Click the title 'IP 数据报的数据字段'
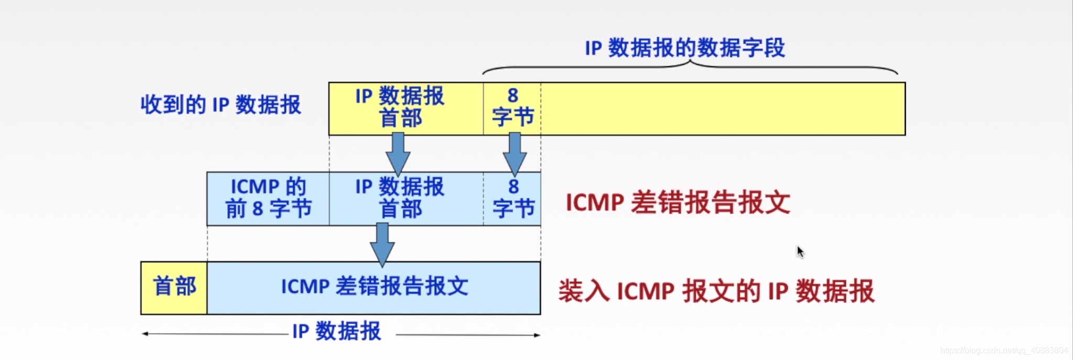coord(685,48)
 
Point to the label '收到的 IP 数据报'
coord(221,105)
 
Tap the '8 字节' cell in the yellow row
coord(512,108)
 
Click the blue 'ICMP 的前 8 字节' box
coord(268,199)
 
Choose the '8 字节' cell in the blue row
coord(512,199)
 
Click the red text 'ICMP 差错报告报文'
coord(677,202)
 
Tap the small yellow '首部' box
coord(174,288)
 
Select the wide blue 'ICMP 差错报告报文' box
coord(374,288)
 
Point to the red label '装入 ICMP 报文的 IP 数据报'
coord(716,291)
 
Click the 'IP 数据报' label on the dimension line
coord(336,332)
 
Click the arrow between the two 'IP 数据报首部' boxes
coord(398,153)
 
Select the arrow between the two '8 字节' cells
coord(514,153)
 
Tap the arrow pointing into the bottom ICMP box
coord(382,244)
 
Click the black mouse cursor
coord(800,252)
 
